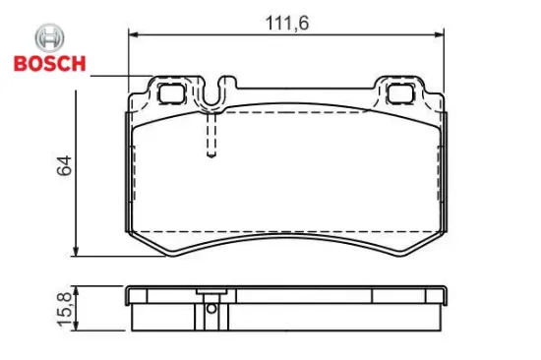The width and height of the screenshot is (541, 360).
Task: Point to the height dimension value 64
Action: point(66,166)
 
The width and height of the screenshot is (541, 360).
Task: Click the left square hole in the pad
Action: point(171,94)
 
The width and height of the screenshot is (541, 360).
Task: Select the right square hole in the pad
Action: point(401,94)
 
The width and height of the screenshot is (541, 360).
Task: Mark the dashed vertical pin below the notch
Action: point(210,133)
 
